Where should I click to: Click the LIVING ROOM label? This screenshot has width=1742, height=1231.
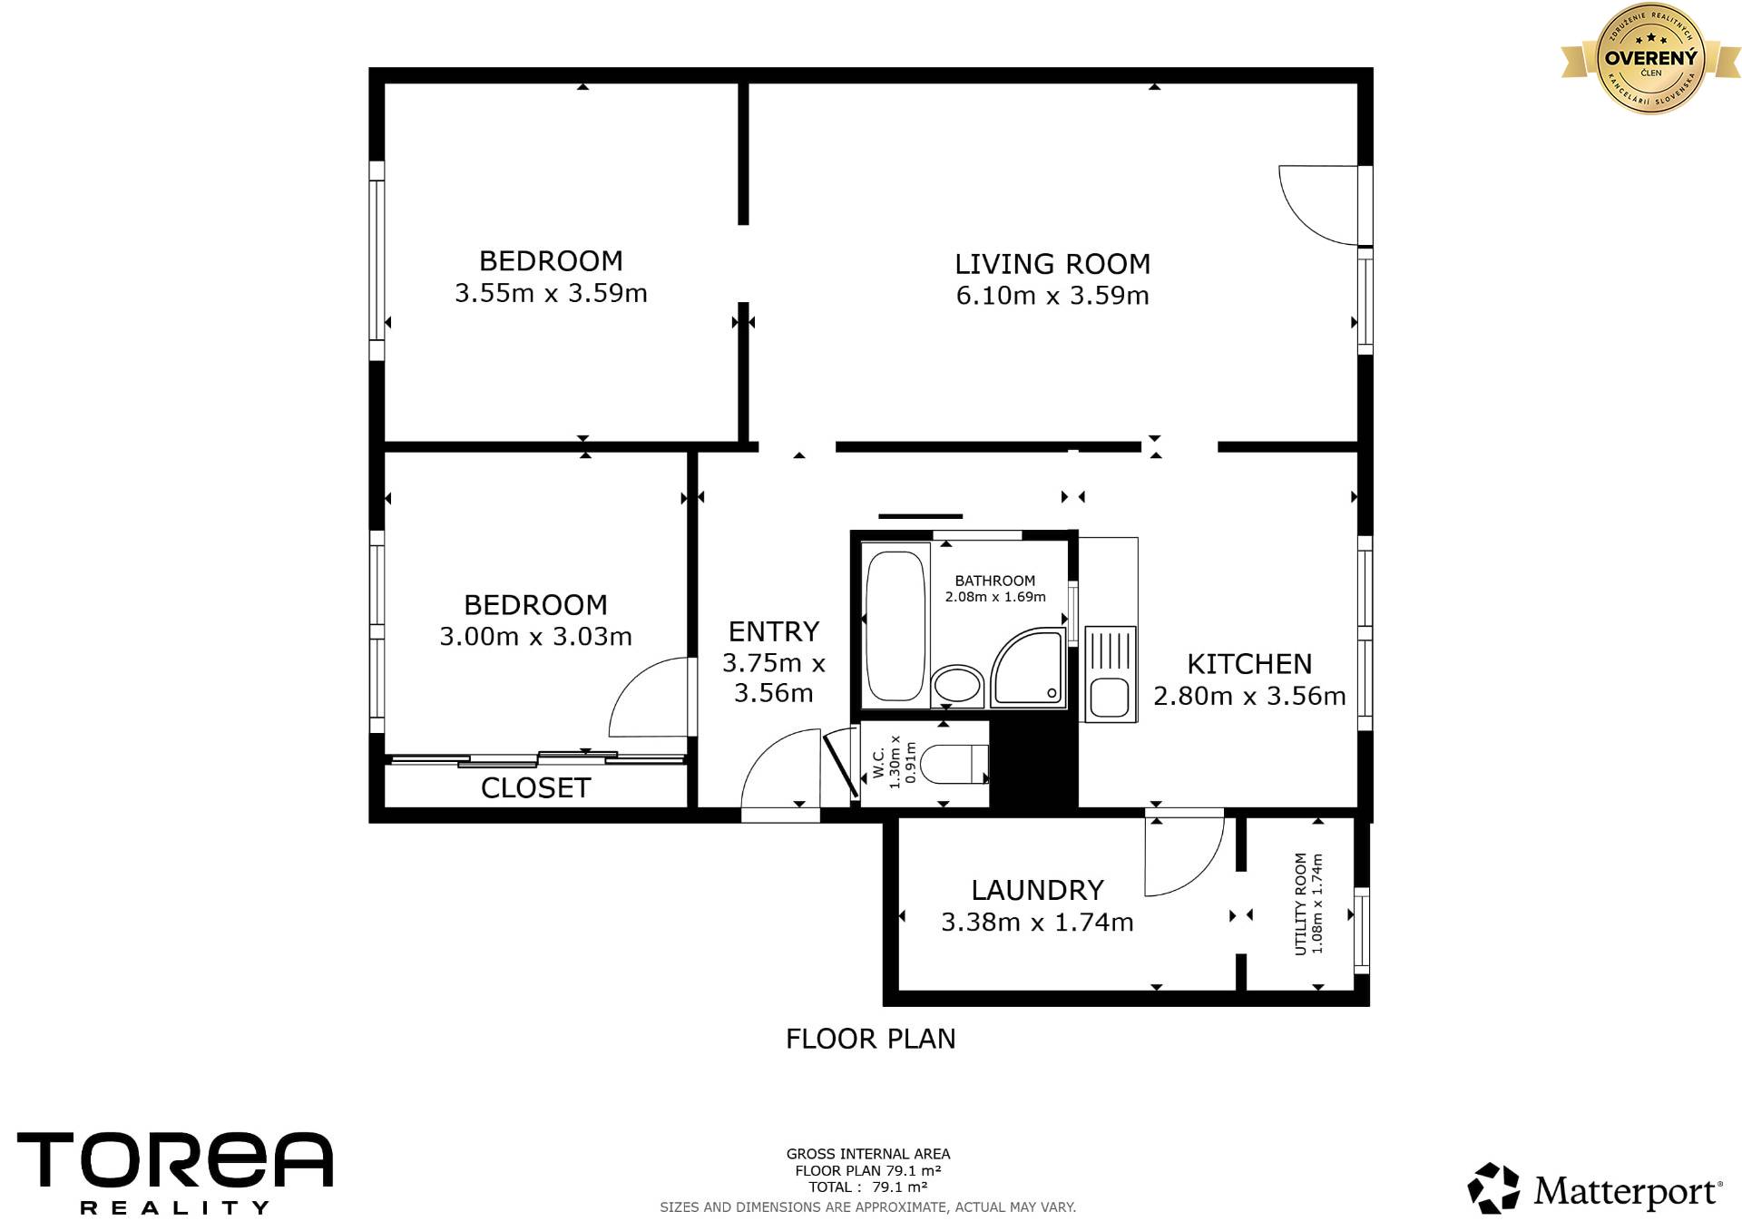pyautogui.click(x=1052, y=264)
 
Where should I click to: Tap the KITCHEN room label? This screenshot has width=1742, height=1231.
pyautogui.click(x=1249, y=664)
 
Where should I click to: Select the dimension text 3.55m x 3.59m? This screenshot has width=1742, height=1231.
pyautogui.click(x=551, y=293)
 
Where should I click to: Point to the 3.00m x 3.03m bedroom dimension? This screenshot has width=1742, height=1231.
pyautogui.click(x=535, y=637)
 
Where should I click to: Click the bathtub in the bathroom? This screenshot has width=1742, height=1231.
pyautogui.click(x=895, y=626)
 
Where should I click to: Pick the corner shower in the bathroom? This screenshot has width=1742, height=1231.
pyautogui.click(x=1029, y=668)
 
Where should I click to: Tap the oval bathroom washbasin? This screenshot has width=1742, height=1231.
pyautogui.click(x=957, y=687)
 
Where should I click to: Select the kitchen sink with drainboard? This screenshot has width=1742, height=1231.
pyautogui.click(x=1109, y=673)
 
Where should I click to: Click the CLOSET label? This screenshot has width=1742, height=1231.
pyautogui.click(x=535, y=788)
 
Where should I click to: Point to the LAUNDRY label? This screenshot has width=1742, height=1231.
pyautogui.click(x=1037, y=890)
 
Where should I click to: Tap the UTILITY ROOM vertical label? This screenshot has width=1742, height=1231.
pyautogui.click(x=1300, y=904)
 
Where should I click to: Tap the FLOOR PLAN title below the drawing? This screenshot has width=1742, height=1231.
pyautogui.click(x=871, y=1039)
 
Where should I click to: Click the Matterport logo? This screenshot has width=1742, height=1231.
pyautogui.click(x=1594, y=1189)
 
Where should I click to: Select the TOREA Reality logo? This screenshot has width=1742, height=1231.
pyautogui.click(x=175, y=1172)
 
